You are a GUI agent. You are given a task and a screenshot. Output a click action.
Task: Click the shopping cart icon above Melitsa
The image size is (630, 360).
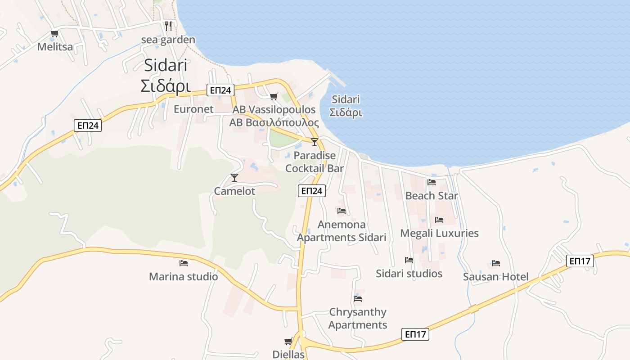(54, 34)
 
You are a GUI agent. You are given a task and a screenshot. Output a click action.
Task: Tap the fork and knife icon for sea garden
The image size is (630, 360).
(168, 26)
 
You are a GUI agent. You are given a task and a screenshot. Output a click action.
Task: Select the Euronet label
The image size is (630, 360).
(193, 109)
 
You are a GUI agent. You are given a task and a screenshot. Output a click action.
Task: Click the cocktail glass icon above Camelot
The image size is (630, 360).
(234, 178)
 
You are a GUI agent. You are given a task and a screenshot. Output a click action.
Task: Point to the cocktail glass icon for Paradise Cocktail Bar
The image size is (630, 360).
(315, 142)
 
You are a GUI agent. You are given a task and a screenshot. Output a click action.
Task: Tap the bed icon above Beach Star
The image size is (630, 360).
(432, 182)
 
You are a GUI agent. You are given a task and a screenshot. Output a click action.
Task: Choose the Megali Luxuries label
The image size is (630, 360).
(439, 233)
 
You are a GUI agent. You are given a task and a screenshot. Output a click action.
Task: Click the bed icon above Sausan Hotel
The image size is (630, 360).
(496, 263)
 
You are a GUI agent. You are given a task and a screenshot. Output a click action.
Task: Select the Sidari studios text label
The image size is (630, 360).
(409, 274)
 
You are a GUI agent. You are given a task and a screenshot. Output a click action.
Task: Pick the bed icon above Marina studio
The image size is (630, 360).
(183, 263)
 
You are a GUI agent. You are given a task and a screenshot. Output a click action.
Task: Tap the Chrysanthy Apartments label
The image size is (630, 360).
(358, 318)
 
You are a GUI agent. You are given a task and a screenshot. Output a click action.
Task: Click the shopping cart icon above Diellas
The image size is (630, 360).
(288, 342)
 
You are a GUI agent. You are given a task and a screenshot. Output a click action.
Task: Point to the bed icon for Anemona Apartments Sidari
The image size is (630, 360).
(342, 211)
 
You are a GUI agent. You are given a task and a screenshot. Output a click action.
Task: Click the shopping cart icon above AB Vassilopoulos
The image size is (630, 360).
(274, 96)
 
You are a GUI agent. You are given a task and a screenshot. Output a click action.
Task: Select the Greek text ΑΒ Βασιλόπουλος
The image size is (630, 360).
(274, 123)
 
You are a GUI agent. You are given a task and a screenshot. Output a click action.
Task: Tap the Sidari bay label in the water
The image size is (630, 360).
(346, 106)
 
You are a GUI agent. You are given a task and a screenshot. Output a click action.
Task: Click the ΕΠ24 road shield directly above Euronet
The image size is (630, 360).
(220, 90)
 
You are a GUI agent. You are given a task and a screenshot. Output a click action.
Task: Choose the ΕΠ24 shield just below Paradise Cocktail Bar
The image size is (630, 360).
(311, 191)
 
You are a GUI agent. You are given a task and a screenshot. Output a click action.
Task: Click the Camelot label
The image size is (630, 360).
(234, 191)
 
